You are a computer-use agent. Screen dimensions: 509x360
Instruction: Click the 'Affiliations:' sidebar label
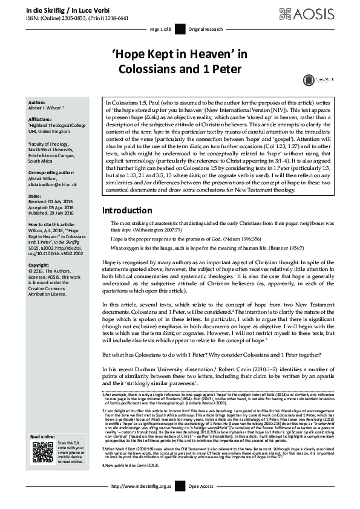tap(41, 120)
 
